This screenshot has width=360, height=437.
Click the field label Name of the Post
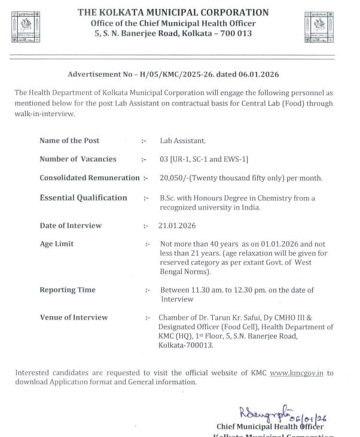click(x=69, y=141)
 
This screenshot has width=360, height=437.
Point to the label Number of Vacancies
click(x=78, y=159)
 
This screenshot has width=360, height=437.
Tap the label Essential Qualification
click(x=83, y=198)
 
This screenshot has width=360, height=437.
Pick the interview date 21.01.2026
click(x=178, y=226)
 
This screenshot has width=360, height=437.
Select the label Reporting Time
click(x=68, y=290)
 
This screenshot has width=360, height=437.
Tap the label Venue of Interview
click(x=74, y=317)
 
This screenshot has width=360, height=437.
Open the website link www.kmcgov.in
click(x=297, y=372)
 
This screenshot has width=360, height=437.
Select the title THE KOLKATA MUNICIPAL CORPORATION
click(x=173, y=12)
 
